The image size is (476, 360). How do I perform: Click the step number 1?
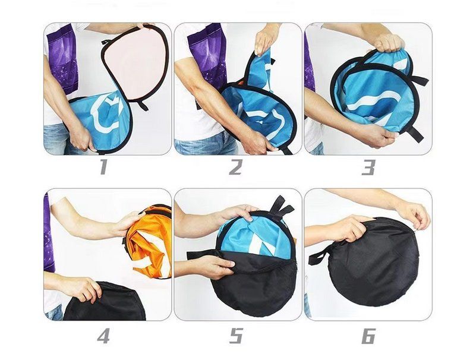103,168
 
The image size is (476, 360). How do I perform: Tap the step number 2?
235,168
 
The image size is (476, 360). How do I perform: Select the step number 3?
368,168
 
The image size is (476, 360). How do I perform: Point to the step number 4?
103,336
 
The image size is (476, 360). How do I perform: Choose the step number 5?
236,336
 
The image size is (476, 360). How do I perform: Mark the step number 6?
368,336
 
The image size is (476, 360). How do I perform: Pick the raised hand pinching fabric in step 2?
264,41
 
